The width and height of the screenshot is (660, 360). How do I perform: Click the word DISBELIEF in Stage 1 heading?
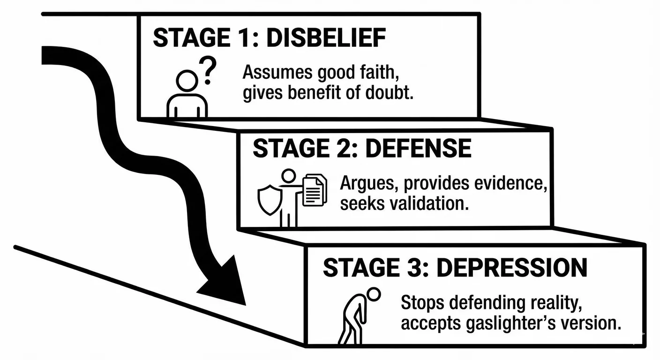click(x=326, y=37)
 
